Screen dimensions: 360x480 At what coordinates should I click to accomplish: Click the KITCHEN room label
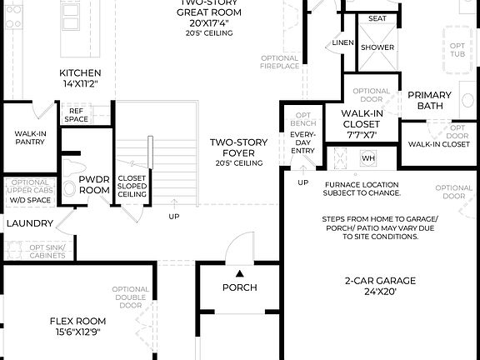pos(80,72)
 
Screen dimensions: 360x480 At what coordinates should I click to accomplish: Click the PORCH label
pos(239,287)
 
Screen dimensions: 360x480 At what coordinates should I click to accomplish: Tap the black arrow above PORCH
pos(239,272)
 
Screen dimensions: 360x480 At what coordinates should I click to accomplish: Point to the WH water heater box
pos(368,157)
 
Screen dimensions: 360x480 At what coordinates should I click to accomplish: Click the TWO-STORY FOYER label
pos(238,142)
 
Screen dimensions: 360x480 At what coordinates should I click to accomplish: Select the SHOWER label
pos(377,47)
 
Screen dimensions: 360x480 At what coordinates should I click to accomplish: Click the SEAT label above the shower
pos(377,17)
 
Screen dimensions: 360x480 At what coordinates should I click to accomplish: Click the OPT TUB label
pos(457,50)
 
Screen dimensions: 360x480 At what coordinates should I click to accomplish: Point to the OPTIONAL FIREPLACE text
pos(279,62)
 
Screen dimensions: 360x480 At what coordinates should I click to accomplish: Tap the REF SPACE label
pos(77,115)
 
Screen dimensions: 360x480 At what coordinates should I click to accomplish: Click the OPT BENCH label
pos(302,118)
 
